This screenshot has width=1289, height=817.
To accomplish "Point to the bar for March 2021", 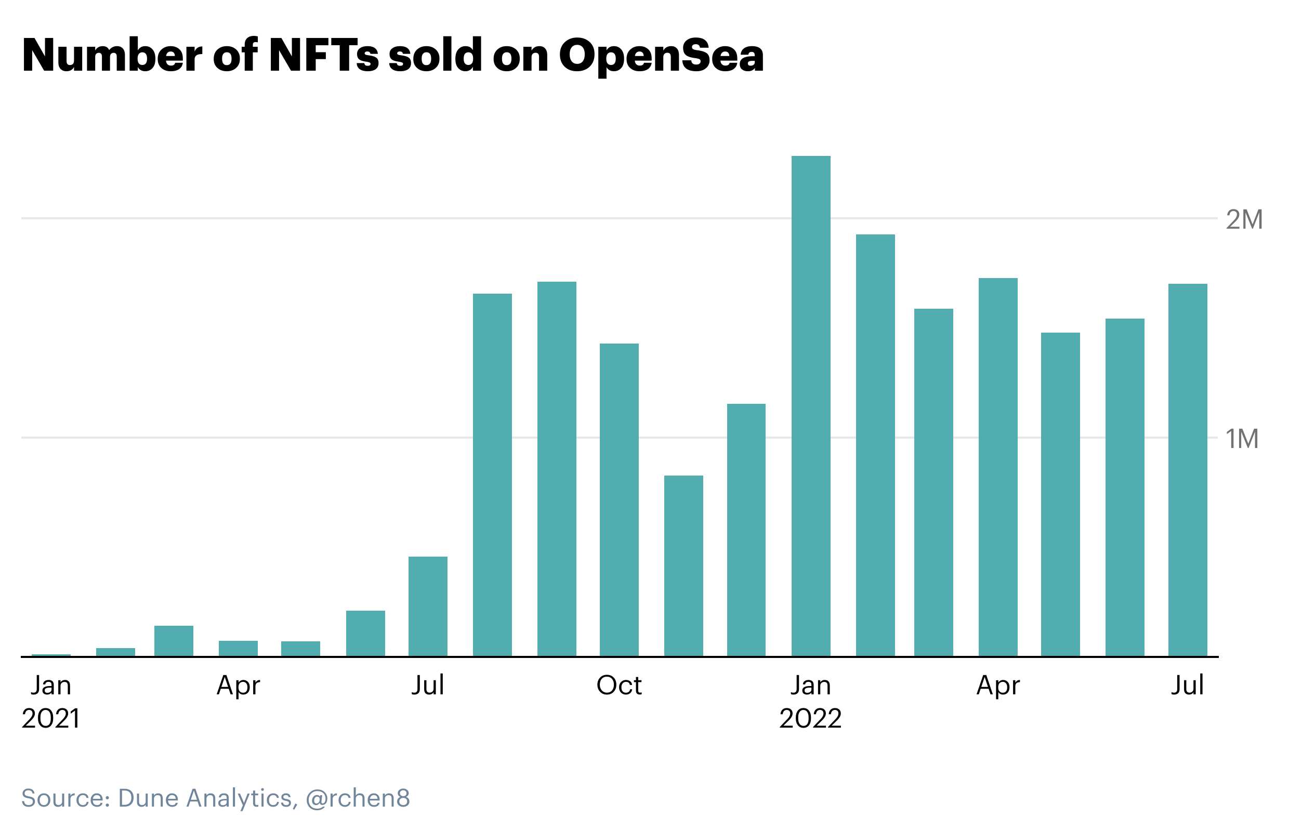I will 174,641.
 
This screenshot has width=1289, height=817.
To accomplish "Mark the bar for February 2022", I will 875,445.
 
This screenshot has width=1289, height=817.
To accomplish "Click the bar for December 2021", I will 746,530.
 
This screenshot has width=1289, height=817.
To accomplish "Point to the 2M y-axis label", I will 1243,219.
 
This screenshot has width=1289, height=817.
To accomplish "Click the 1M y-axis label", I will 1242,439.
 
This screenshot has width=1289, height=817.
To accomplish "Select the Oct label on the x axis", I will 619,686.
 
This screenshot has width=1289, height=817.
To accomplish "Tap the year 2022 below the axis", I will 810,718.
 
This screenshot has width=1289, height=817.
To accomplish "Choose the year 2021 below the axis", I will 51,718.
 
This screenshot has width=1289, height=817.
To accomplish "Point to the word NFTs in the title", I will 324,55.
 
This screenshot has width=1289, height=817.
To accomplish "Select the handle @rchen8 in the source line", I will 358,798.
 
